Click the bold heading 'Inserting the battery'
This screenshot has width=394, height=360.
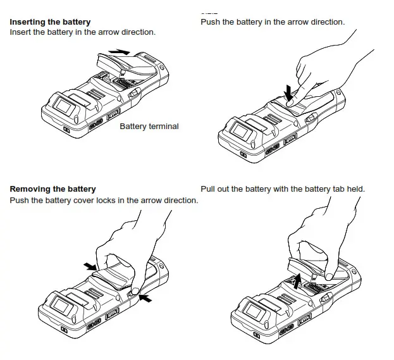pyautogui.click(x=50, y=22)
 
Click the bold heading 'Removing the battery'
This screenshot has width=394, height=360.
pyautogui.click(x=53, y=189)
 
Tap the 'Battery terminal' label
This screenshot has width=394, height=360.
pyautogui.click(x=149, y=127)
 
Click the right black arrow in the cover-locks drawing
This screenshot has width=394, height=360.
pyautogui.click(x=147, y=297)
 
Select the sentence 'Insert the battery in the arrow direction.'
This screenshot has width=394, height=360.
pyautogui.click(x=82, y=32)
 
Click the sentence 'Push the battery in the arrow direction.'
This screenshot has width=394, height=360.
pyautogui.click(x=273, y=22)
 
